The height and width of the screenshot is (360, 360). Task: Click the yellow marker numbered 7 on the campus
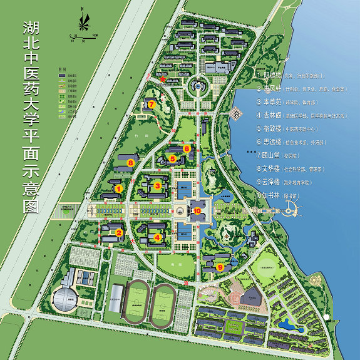[x=152, y=104]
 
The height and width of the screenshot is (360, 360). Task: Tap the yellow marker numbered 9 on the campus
[x=220, y=267]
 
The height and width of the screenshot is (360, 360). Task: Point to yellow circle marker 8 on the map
[x=130, y=163]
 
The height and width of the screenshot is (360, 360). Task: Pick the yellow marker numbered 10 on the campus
[x=198, y=212]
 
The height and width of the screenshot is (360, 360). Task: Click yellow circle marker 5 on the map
[x=172, y=159]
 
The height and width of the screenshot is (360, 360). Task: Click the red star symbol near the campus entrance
[x=164, y=79]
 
